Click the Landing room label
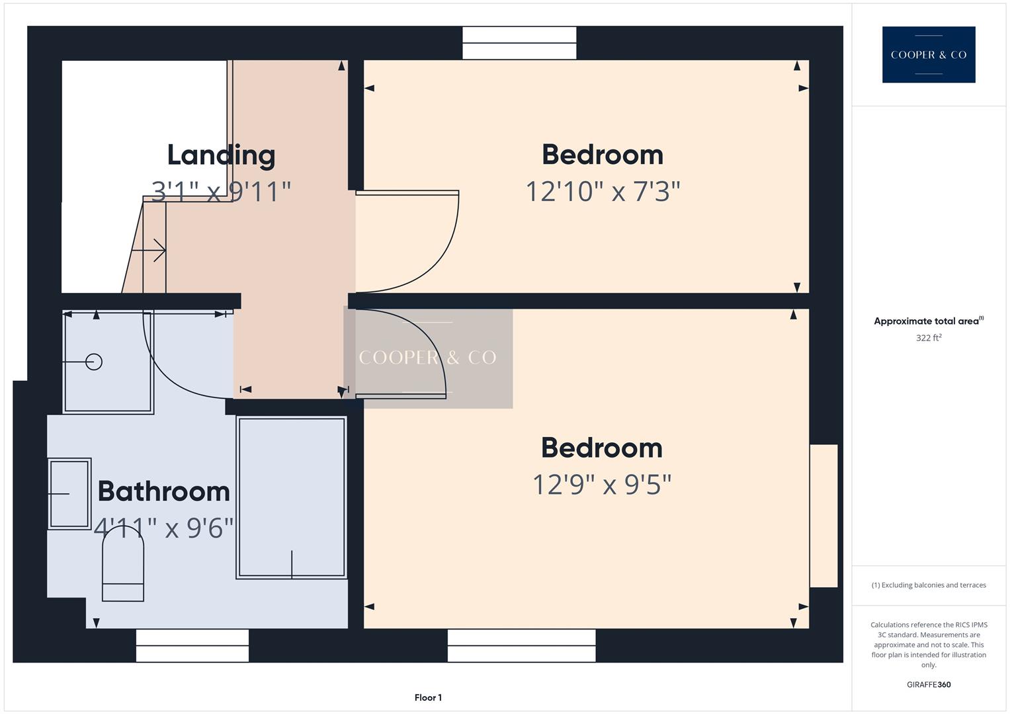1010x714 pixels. (x=221, y=155)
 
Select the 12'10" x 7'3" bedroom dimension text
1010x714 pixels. (x=603, y=192)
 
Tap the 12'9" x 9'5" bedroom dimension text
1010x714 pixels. (x=602, y=485)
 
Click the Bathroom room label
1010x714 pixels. (x=163, y=491)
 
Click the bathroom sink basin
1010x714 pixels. (x=69, y=494)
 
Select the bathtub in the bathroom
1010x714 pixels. (x=292, y=497)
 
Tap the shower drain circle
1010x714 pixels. (x=94, y=362)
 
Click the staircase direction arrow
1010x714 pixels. (x=149, y=251)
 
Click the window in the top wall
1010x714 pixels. (x=519, y=43)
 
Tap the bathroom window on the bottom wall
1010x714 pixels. (x=192, y=645)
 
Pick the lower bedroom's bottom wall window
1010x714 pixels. (x=521, y=645)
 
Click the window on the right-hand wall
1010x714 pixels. (x=823, y=516)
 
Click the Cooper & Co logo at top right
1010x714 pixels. (x=929, y=55)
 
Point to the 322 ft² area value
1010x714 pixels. (x=929, y=338)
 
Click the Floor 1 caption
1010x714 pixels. (x=428, y=697)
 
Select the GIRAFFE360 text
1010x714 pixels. (x=929, y=684)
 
